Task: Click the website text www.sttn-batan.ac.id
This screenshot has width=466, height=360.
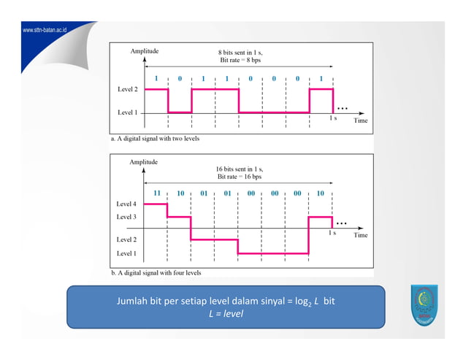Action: [45, 31]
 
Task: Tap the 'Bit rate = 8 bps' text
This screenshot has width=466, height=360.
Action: [240, 60]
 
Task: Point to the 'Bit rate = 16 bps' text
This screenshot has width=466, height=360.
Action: [240, 177]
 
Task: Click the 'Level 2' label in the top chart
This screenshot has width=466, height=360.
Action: [129, 88]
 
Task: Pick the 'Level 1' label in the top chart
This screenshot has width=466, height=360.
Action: [129, 112]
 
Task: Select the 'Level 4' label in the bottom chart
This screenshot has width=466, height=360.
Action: [126, 204]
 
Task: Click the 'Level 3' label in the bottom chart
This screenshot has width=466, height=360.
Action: [126, 217]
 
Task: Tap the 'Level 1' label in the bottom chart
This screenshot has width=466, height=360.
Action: [126, 253]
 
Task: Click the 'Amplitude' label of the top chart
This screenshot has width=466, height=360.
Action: [145, 51]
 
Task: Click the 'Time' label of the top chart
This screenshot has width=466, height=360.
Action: [361, 120]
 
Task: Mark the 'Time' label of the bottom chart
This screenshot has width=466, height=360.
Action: [361, 236]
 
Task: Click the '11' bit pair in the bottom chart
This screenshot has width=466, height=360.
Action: [156, 193]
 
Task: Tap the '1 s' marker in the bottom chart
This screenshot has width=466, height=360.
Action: [333, 233]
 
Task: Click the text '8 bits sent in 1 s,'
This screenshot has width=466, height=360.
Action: [241, 52]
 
